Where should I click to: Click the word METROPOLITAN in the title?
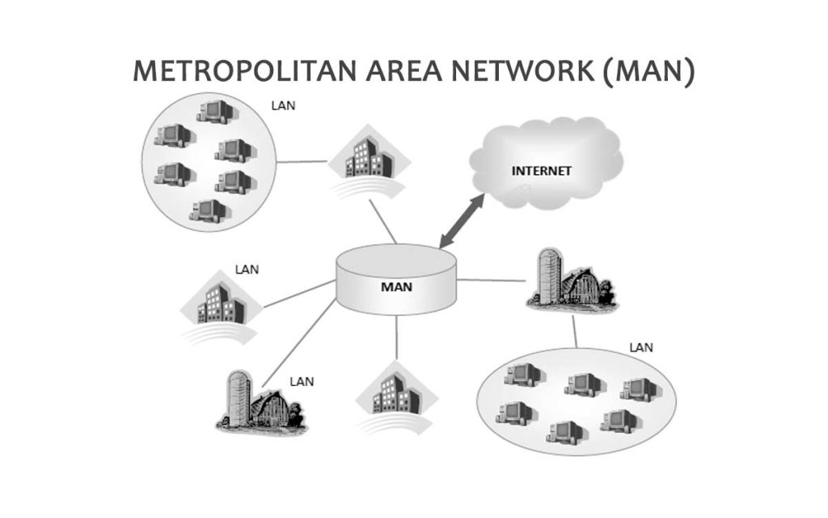pos(234,72)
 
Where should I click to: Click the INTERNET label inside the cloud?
pos(542,172)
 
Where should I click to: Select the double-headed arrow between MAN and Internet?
pos(462,220)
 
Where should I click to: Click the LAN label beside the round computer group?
pos(285,105)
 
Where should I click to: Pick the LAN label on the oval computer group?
pos(641,348)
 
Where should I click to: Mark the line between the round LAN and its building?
pos(302,161)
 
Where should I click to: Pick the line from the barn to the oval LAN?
pos(575,331)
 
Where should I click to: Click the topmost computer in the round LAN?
pos(213,111)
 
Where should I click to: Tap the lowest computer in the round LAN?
pos(208,210)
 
